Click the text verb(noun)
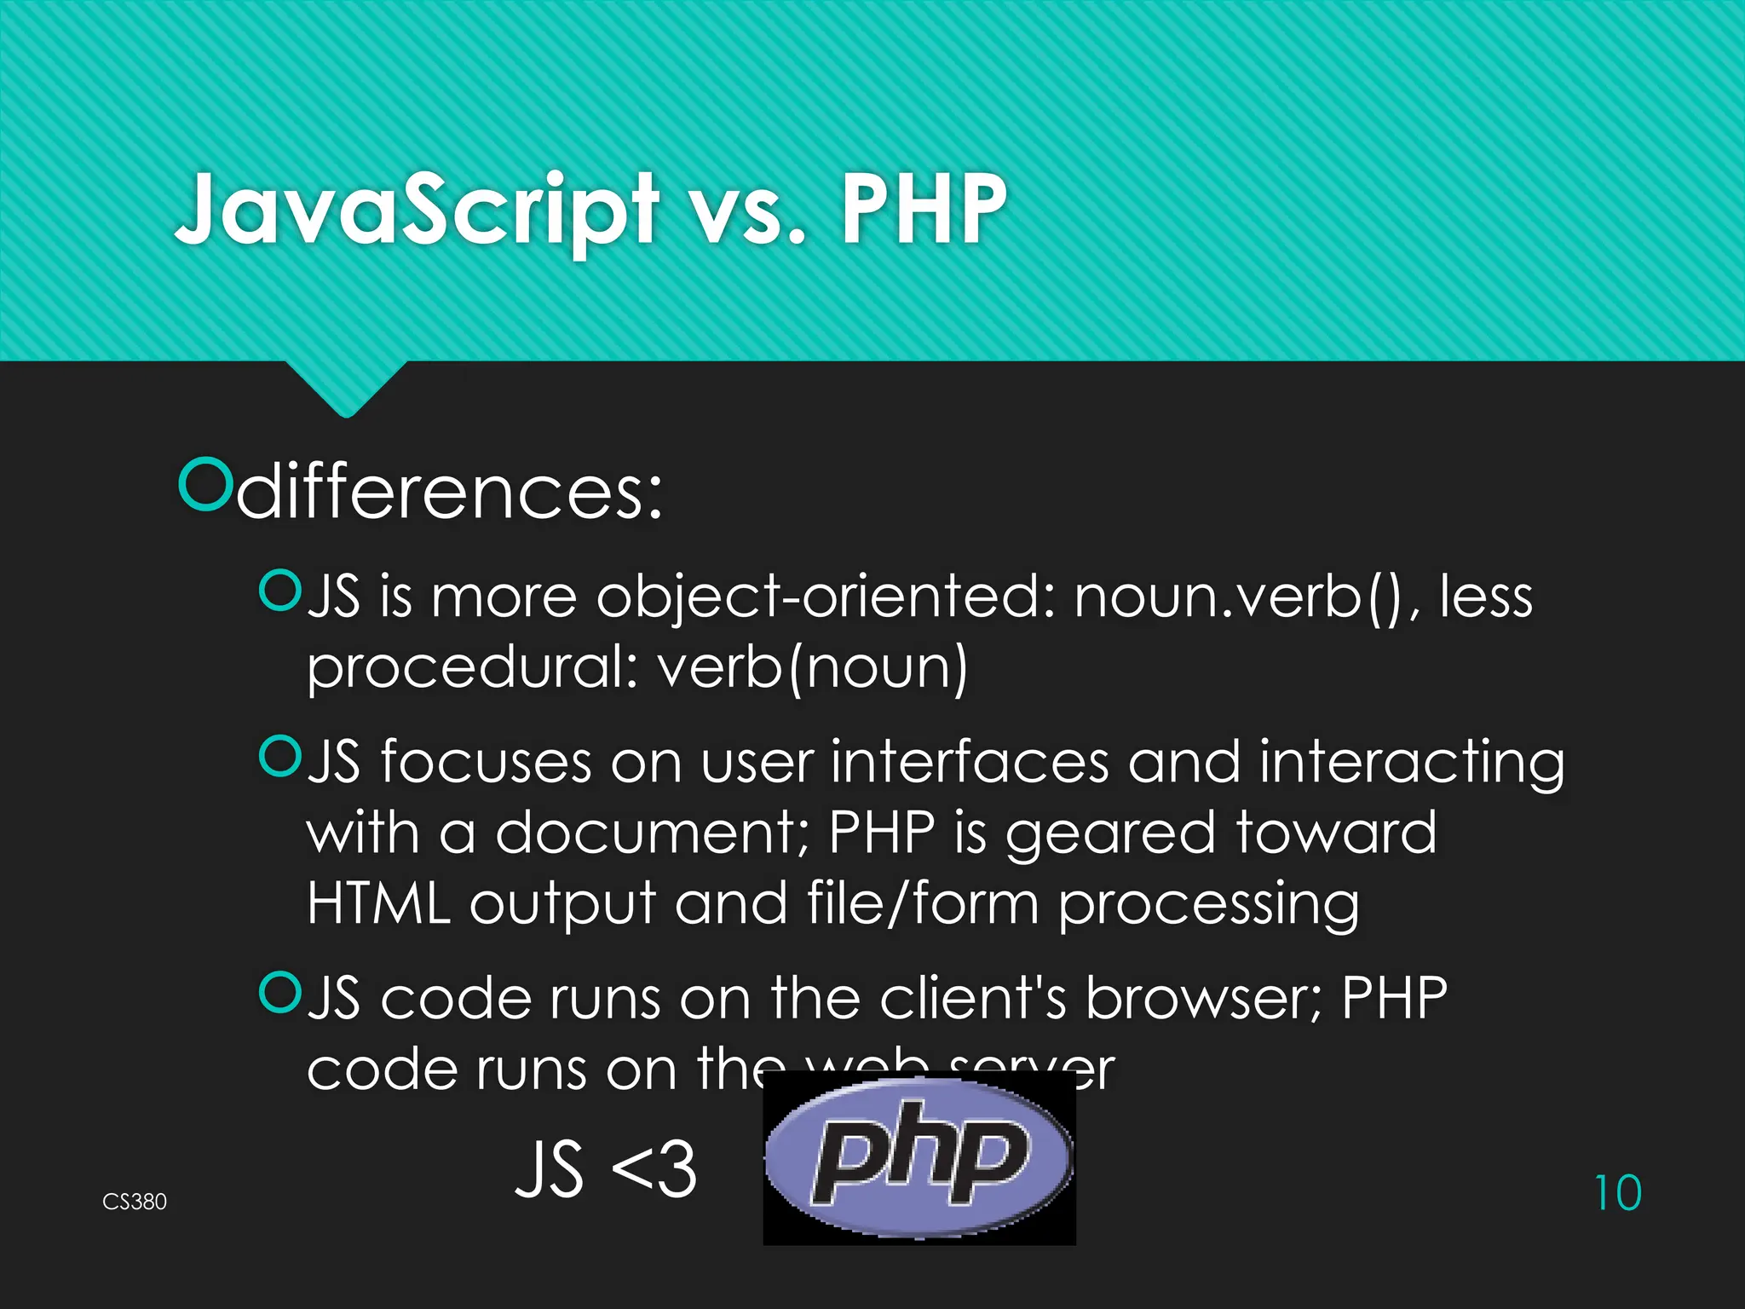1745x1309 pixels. point(814,667)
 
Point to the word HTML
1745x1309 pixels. point(378,903)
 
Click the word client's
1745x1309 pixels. point(972,998)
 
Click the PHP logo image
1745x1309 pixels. point(919,1158)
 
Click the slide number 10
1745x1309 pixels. point(1617,1193)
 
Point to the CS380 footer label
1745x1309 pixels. point(135,1202)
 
